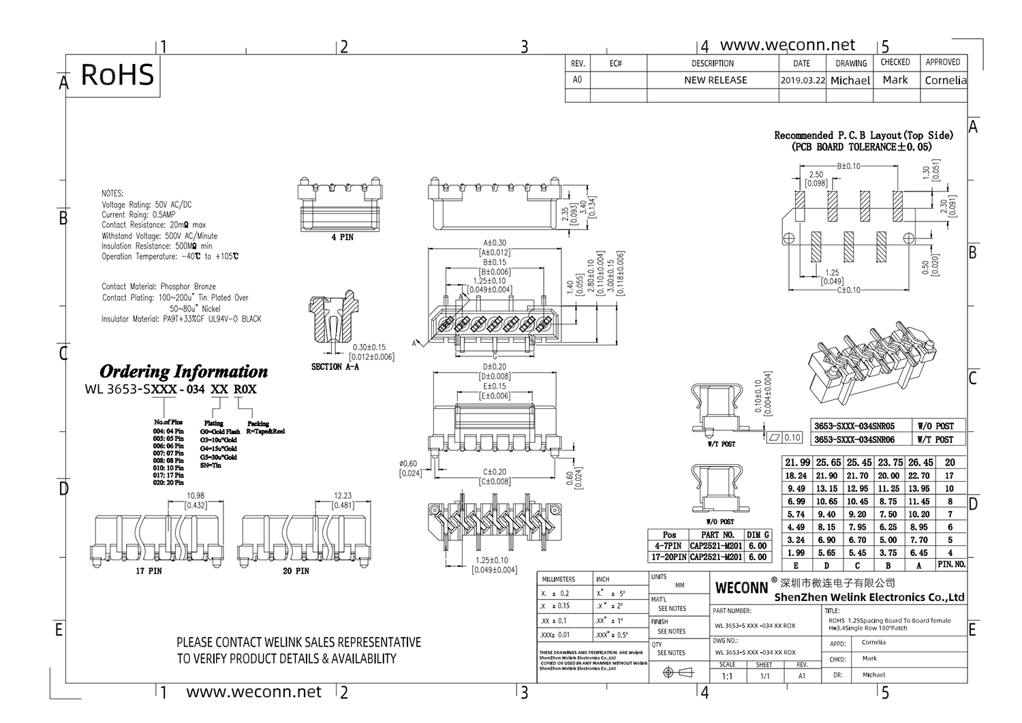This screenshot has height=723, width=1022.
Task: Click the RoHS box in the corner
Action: click(117, 75)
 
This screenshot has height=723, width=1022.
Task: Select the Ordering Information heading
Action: click(183, 371)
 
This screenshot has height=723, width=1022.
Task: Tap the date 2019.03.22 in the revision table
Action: click(802, 80)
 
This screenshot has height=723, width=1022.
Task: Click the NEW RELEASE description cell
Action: click(715, 80)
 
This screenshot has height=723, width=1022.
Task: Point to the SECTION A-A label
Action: click(335, 367)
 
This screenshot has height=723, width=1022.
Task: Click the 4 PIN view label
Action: click(342, 237)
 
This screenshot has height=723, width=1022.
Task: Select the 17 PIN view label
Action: click(149, 570)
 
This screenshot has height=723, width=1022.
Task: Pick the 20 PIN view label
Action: click(296, 570)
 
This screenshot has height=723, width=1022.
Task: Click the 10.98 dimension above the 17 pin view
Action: click(196, 496)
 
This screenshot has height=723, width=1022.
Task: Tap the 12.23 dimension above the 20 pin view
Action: click(343, 496)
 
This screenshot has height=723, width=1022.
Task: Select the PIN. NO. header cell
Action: click(951, 565)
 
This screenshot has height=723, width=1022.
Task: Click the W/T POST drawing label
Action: click(722, 444)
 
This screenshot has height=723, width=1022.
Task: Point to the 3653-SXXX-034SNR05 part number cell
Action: click(854, 426)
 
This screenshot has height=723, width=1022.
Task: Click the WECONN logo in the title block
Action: click(741, 587)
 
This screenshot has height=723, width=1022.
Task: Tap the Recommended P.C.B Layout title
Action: click(863, 136)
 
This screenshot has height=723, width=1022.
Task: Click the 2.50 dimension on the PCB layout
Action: click(816, 175)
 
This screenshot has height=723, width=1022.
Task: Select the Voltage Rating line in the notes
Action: click(146, 204)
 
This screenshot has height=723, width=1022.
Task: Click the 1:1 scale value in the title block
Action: click(727, 676)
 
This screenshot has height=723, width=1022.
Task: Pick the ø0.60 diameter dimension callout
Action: click(409, 464)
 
